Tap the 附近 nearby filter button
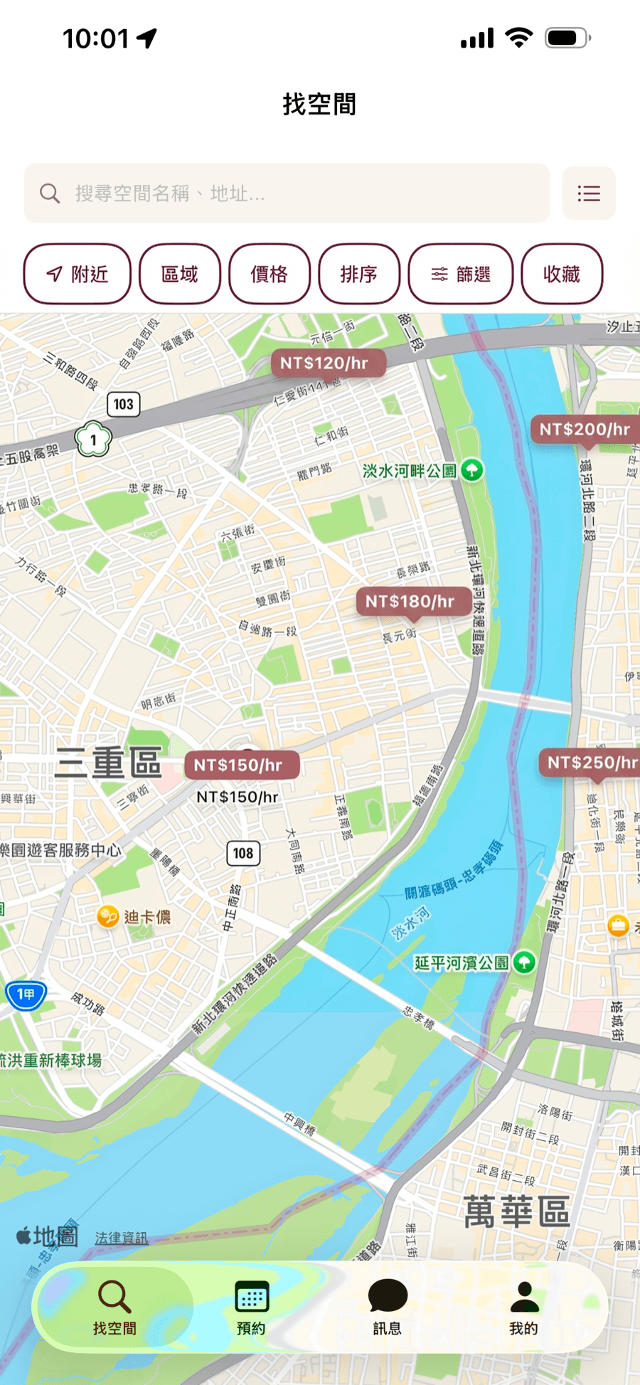click(77, 274)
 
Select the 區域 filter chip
click(180, 274)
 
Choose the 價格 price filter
click(270, 274)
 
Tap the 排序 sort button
click(359, 274)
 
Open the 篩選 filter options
click(461, 274)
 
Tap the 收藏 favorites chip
click(562, 274)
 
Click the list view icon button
click(589, 193)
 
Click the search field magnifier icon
click(50, 193)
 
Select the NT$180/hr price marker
click(410, 602)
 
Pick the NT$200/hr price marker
click(585, 430)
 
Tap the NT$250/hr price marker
click(592, 763)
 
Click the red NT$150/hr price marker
click(238, 765)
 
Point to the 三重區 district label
click(109, 763)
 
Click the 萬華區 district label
click(517, 1212)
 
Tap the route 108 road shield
click(243, 853)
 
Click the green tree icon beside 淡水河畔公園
click(472, 469)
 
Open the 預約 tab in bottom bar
click(251, 1307)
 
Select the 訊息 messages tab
click(387, 1307)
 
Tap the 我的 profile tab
click(524, 1307)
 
